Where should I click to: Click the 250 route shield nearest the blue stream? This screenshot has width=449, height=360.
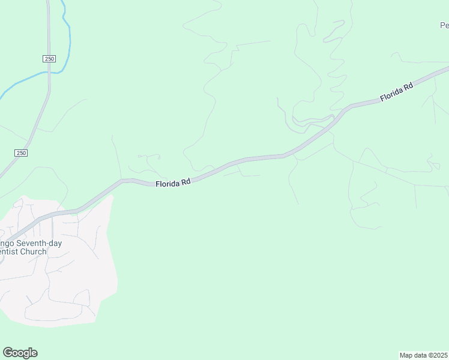click(49, 58)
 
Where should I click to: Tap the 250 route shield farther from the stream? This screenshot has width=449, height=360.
click(21, 153)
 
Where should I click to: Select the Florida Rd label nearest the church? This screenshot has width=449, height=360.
click(173, 183)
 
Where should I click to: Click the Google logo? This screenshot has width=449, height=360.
click(20, 353)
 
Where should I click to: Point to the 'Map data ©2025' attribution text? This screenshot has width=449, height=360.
click(424, 355)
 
